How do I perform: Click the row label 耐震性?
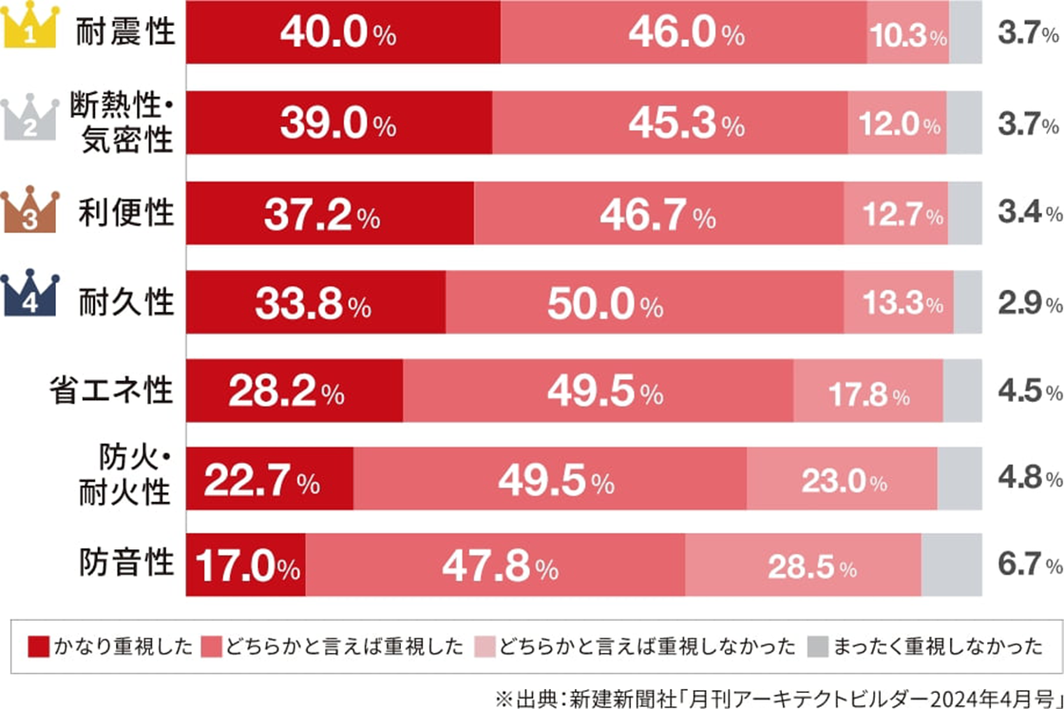pos(126,32)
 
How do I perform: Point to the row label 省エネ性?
pos(112,390)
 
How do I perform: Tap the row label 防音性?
pos(126,564)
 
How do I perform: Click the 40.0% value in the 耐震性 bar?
pos(337,34)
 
